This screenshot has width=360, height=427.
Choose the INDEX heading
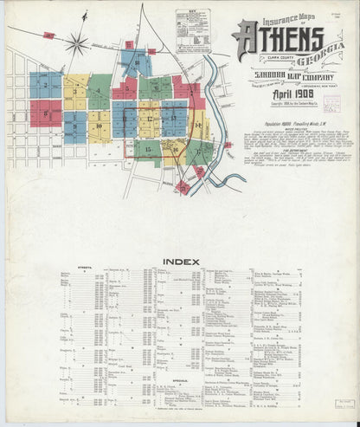point(180,262)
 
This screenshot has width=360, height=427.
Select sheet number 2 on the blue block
point(45,85)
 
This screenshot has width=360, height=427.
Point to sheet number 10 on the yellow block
point(100,126)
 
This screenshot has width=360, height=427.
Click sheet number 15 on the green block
point(149,149)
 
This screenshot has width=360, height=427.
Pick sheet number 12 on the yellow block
point(149,118)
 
